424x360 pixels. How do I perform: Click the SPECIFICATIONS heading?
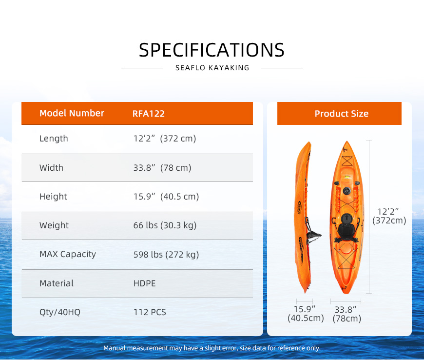(x=212, y=50)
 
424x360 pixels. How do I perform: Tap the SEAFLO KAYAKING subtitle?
(x=212, y=68)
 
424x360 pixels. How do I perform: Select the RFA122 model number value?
(x=149, y=114)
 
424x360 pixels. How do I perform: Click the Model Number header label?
(x=72, y=113)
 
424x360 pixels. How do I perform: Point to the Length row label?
(x=54, y=139)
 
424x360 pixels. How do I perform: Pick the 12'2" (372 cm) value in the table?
(x=165, y=139)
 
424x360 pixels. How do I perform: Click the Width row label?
(x=51, y=167)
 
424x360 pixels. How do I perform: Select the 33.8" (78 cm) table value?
(x=162, y=167)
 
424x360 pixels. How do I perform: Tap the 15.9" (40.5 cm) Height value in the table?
(x=166, y=196)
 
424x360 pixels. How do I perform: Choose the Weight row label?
(x=54, y=225)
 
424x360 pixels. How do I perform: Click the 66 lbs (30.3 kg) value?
(x=165, y=225)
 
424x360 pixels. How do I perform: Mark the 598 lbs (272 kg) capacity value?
(x=166, y=255)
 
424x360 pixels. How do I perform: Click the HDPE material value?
(x=144, y=283)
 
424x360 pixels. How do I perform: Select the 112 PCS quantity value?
(x=150, y=312)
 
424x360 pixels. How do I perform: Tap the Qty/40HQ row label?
(x=60, y=312)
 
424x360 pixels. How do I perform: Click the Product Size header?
(x=342, y=114)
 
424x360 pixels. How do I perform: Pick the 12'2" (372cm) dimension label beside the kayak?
(x=389, y=216)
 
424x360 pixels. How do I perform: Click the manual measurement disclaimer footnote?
(x=212, y=348)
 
